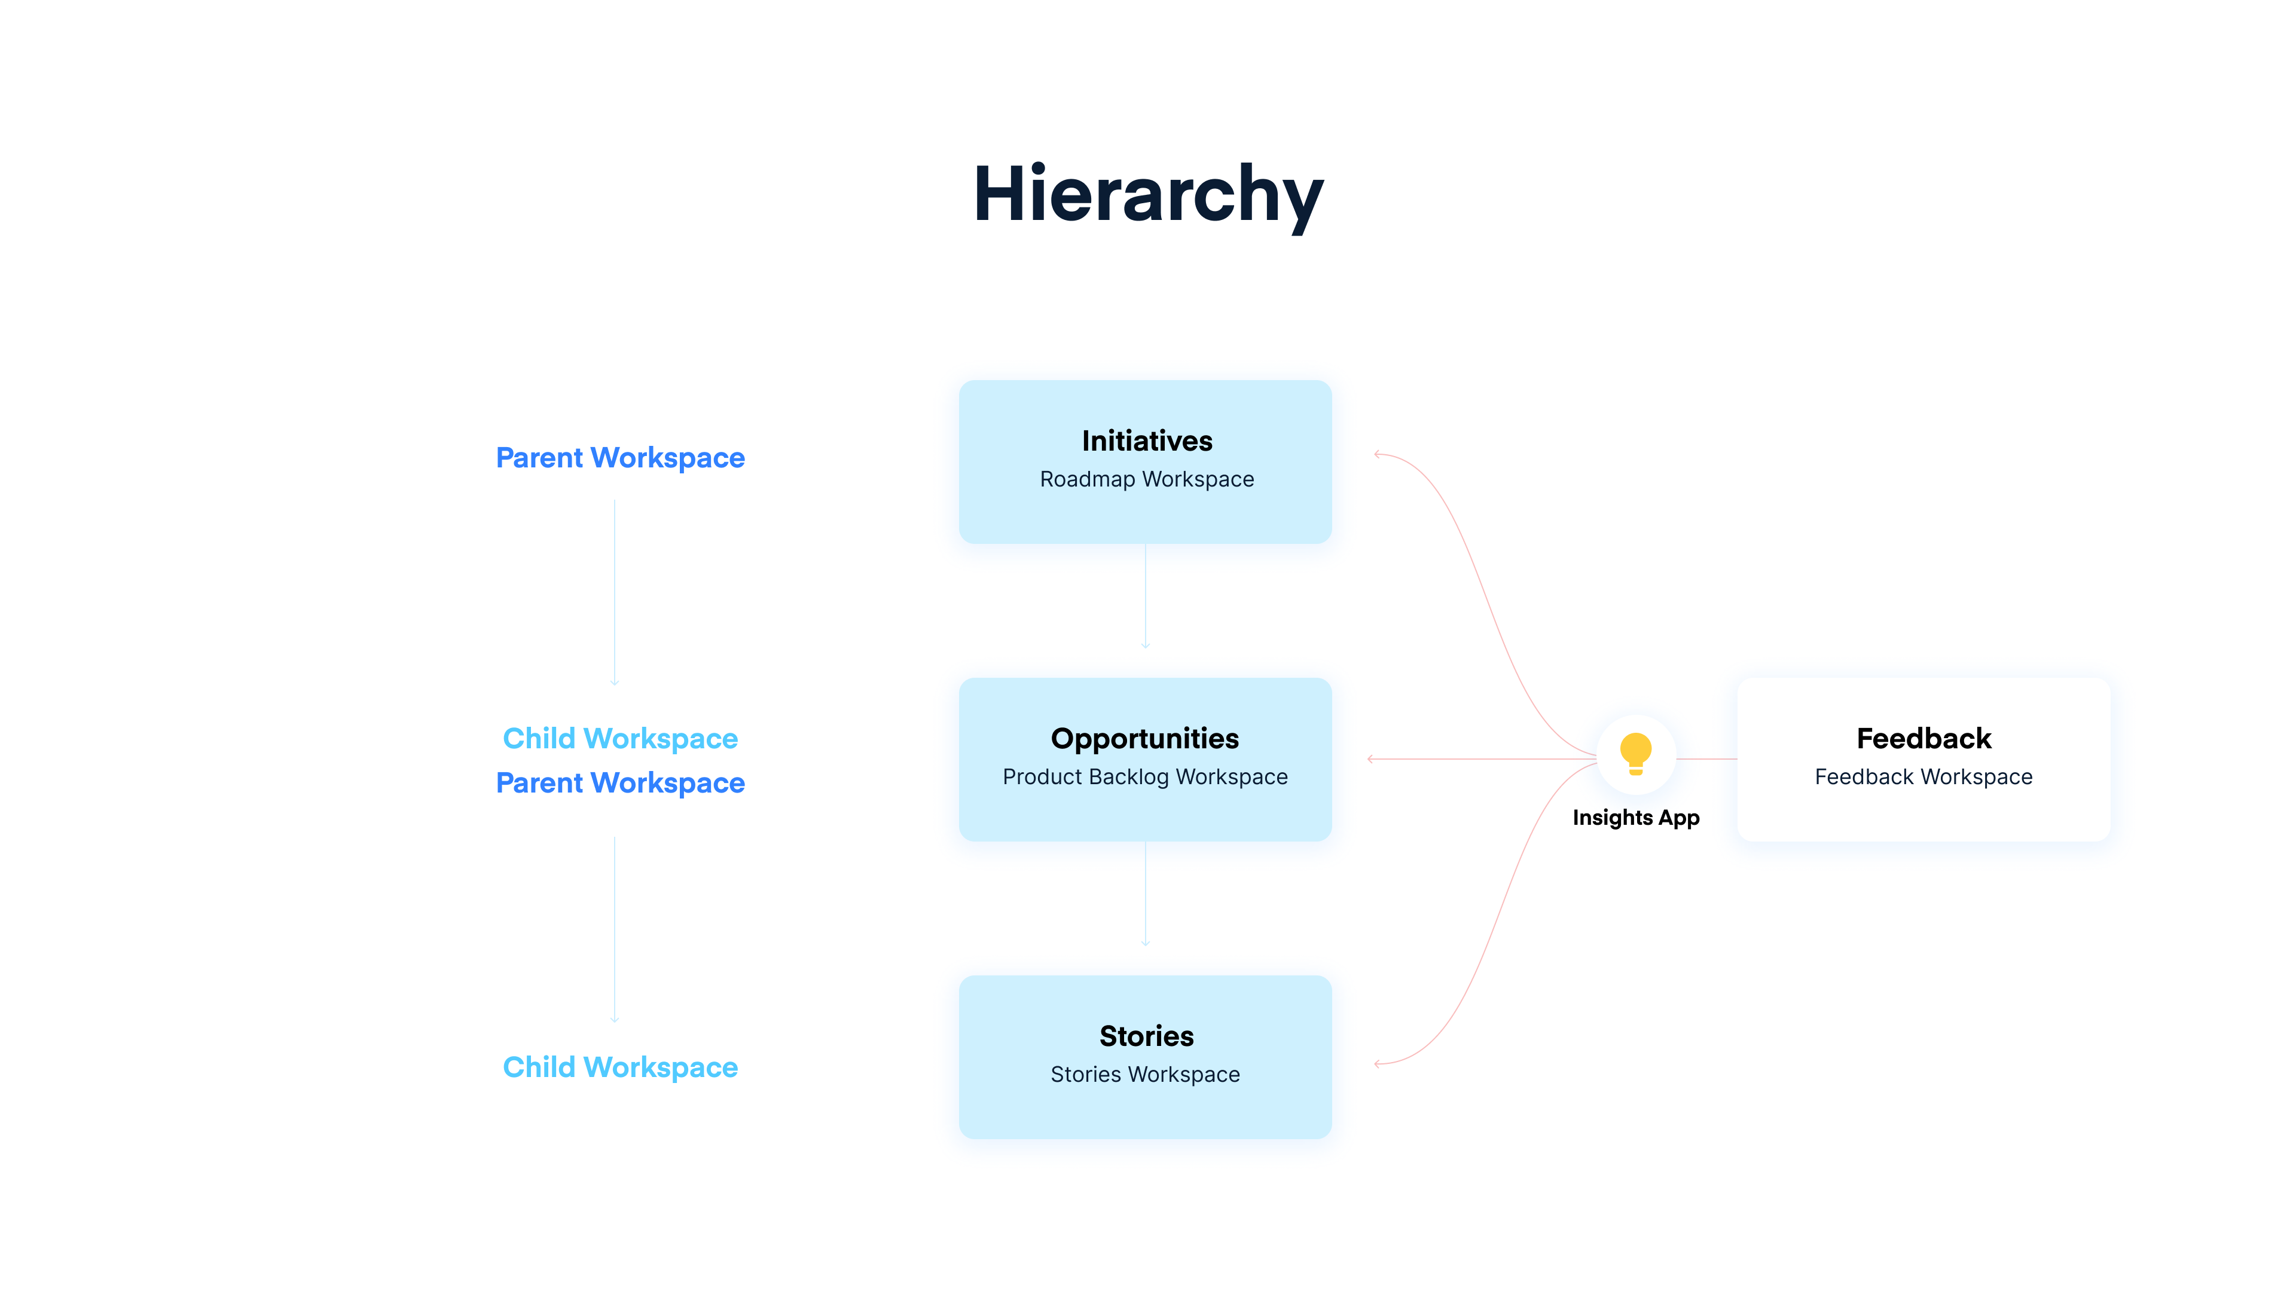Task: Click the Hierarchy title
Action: (x=1148, y=194)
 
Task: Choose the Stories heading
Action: (x=1146, y=1036)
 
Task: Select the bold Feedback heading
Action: (x=1923, y=739)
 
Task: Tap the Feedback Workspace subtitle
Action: (x=1923, y=777)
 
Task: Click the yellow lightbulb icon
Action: (x=1635, y=754)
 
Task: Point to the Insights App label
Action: (x=1635, y=818)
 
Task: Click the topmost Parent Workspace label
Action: (x=621, y=458)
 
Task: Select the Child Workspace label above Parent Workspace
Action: (x=621, y=739)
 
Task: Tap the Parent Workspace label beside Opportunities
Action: (x=621, y=783)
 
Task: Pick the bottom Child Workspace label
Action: (x=621, y=1067)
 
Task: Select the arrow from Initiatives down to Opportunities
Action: (x=1146, y=597)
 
